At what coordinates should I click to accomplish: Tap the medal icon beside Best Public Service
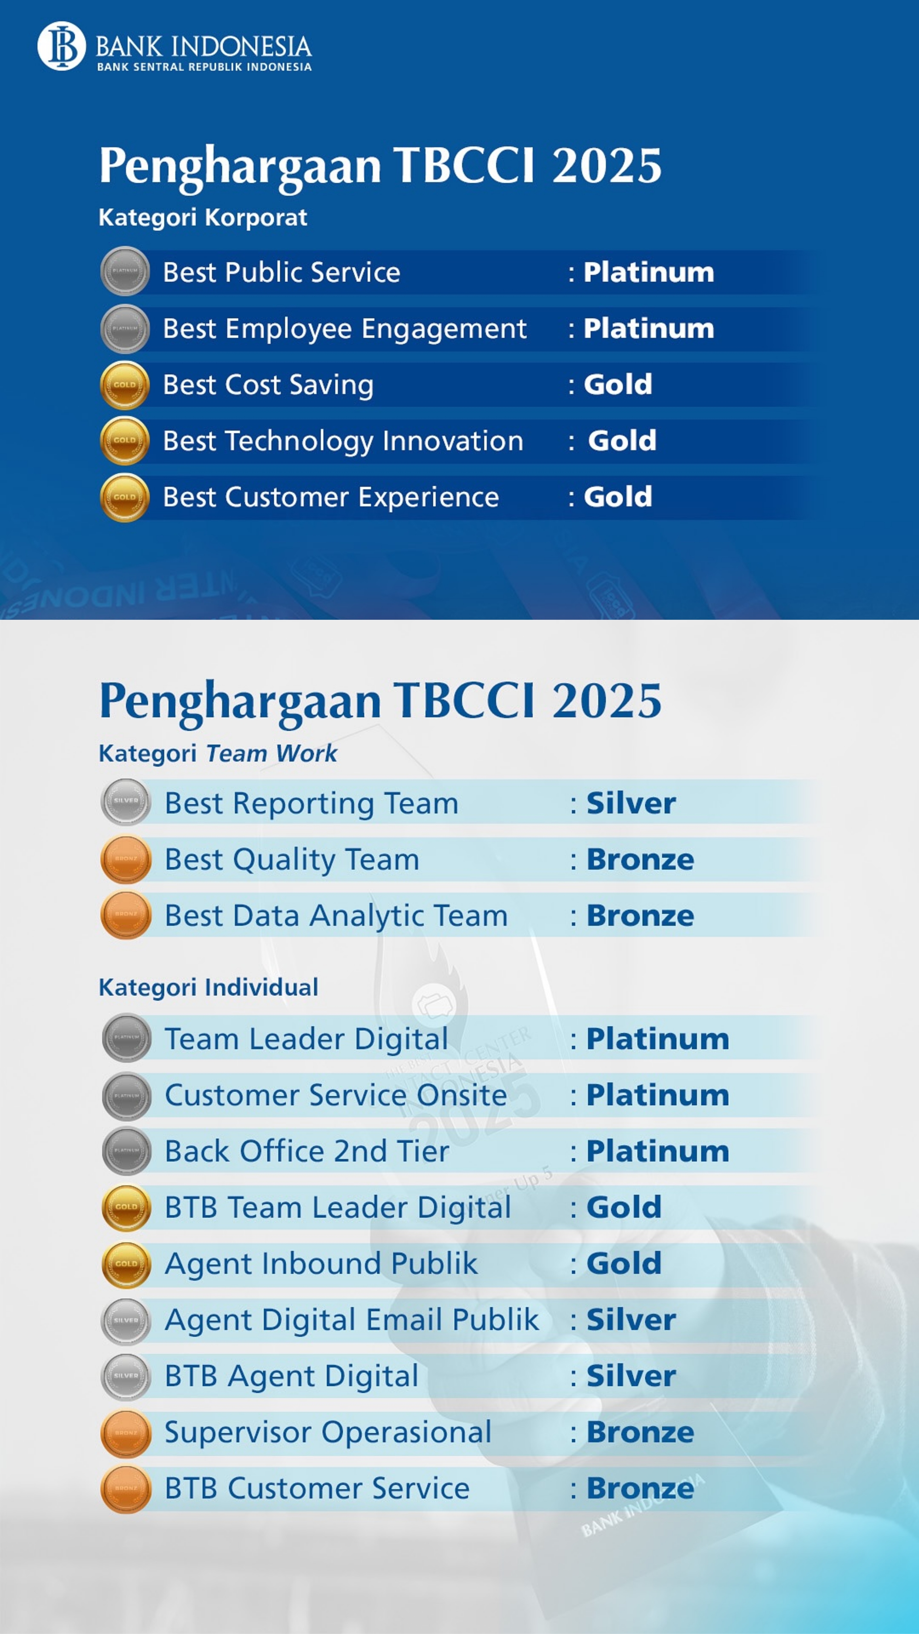click(125, 271)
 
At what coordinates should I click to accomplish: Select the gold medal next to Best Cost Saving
click(125, 385)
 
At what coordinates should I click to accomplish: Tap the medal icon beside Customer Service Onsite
click(126, 1096)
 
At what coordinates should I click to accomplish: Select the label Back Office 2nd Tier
click(307, 1151)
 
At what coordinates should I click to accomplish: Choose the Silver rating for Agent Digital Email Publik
click(630, 1320)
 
